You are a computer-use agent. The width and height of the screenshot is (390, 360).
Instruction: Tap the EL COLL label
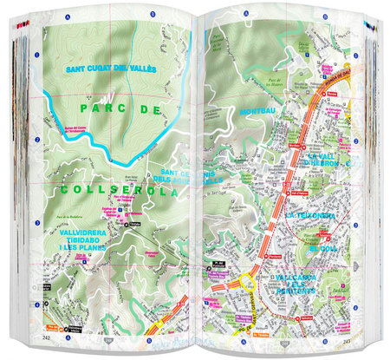tap(328, 250)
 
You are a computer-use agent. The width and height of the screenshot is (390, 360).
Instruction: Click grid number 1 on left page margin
tap(37, 63)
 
